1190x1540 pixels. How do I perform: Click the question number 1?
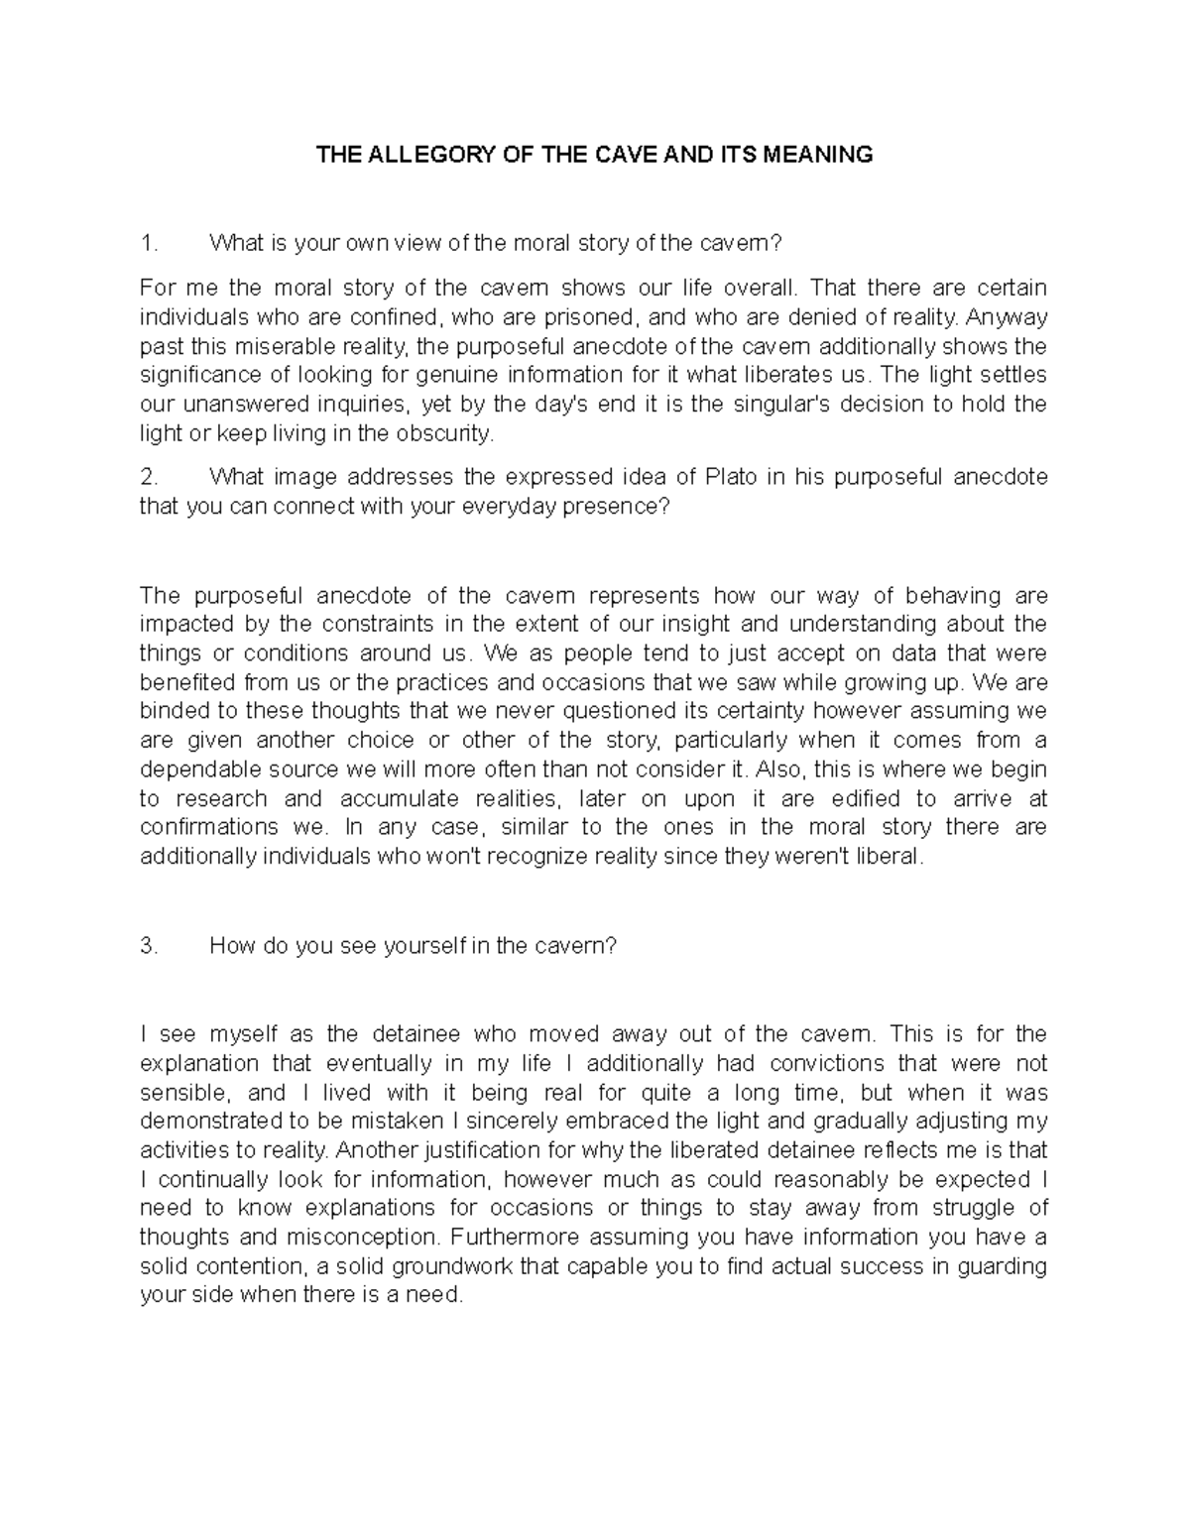tap(148, 244)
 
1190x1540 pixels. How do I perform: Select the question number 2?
tap(148, 477)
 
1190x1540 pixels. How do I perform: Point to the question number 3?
tap(148, 946)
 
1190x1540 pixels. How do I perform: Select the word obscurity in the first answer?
tap(448, 433)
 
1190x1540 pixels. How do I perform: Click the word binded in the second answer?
tap(169, 711)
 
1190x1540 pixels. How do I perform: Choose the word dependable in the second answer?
tap(195, 770)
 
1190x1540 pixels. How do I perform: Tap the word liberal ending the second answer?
tap(892, 857)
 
